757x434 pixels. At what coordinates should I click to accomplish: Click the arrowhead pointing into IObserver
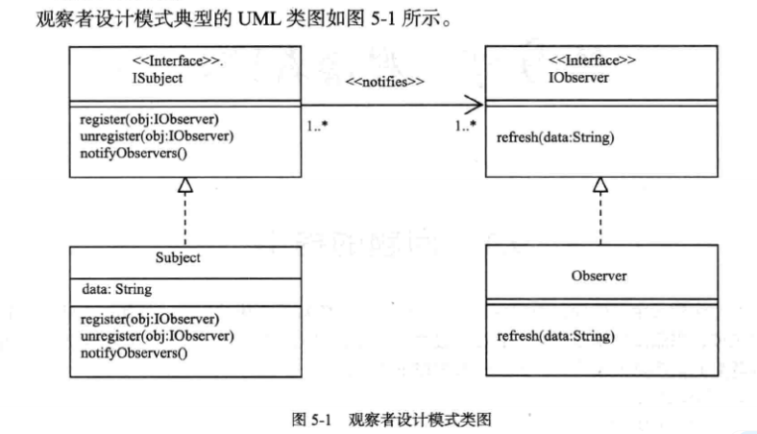[x=474, y=105]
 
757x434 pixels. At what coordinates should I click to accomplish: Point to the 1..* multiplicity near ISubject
[x=316, y=126]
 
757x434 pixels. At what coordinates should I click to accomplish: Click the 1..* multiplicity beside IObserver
[x=468, y=126]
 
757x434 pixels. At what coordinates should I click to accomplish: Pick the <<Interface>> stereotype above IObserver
[x=590, y=60]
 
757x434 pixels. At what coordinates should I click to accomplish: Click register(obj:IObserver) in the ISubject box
[x=150, y=119]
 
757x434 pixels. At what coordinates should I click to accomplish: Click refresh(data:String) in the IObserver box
[x=555, y=137]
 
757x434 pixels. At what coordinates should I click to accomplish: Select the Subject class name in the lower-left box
[x=177, y=258]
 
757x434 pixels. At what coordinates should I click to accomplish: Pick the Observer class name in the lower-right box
[x=598, y=276]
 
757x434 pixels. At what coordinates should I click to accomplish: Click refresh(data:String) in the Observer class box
[x=555, y=336]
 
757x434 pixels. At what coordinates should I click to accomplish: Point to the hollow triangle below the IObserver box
[x=600, y=184]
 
